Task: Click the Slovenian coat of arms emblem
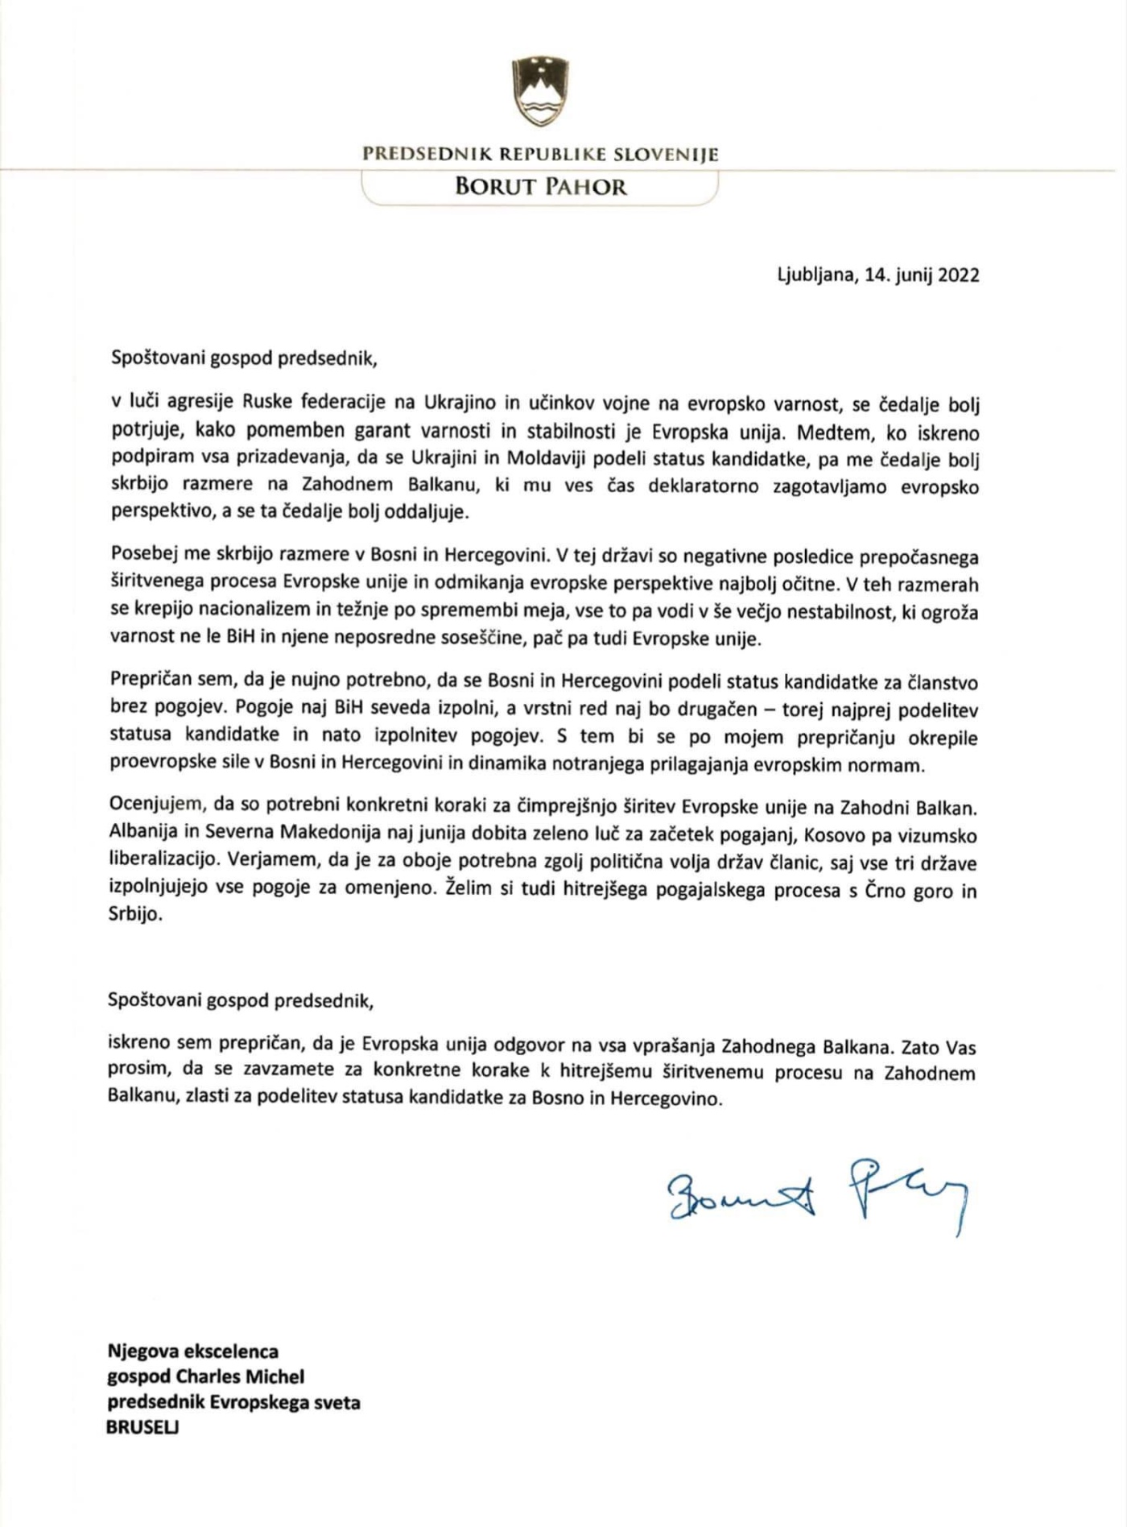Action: tap(539, 91)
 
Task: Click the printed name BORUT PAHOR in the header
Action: tap(540, 187)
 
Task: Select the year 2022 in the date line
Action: tap(959, 275)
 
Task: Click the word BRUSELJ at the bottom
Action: tap(143, 1427)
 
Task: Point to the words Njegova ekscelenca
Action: tap(193, 1351)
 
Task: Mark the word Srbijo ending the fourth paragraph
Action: tap(134, 915)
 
